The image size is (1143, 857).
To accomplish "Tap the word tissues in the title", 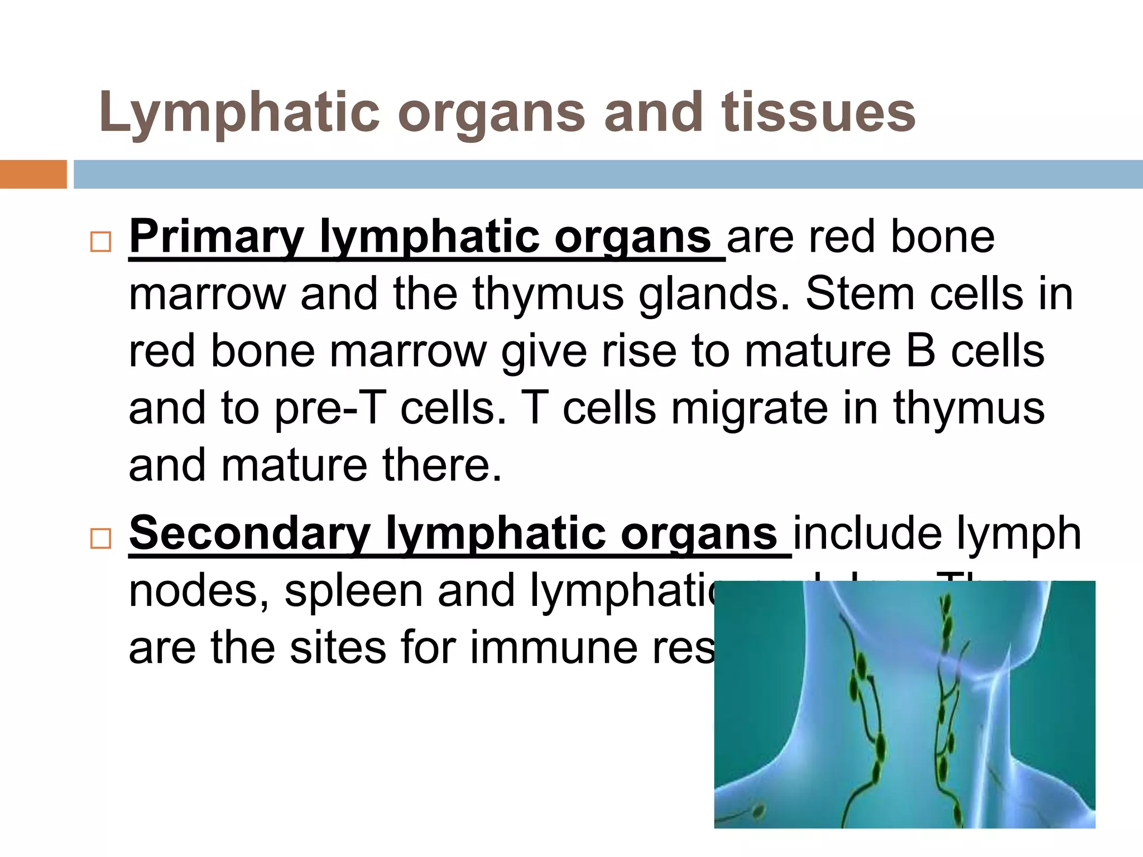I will (818, 113).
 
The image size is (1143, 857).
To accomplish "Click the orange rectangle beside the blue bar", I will (33, 174).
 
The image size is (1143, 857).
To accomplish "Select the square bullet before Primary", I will (101, 242).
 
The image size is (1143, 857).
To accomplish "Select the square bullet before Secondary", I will (101, 539).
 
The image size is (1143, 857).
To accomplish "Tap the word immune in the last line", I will (553, 648).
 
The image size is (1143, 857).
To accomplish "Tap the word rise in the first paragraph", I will (639, 352).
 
